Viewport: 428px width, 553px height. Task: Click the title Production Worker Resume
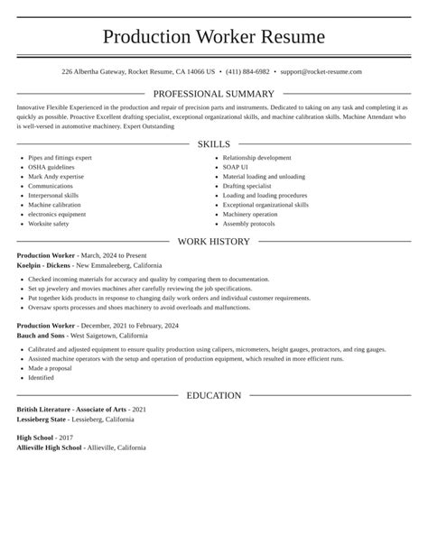point(214,37)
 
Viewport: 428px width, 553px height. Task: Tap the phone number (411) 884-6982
point(248,71)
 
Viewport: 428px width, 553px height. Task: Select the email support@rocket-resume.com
point(321,71)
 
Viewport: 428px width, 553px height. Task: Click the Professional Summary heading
point(214,94)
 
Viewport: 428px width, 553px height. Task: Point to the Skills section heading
point(214,144)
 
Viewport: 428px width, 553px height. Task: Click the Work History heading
point(214,242)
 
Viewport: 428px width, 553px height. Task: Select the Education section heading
point(214,395)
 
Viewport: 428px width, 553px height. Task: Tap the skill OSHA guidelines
point(51,168)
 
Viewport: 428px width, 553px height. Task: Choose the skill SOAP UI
point(237,168)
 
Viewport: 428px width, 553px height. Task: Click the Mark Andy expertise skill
point(56,177)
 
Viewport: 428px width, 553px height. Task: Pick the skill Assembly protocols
point(248,224)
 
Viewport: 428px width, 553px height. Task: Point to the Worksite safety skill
point(48,224)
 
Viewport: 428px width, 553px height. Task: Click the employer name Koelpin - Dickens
point(44,266)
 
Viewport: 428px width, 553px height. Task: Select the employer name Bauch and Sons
point(41,335)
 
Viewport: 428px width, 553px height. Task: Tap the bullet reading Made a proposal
point(49,368)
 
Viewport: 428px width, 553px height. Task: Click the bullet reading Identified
point(41,378)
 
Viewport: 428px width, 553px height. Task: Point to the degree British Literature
point(47,409)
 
